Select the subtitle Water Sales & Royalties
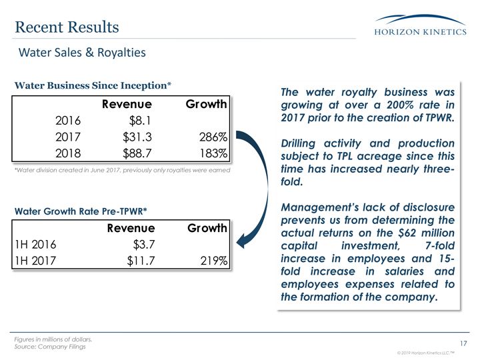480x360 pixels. (81, 51)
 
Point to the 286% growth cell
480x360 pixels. (214, 138)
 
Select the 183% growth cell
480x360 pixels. (214, 154)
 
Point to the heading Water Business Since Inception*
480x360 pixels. (94, 86)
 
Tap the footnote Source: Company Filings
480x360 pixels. (49, 347)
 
